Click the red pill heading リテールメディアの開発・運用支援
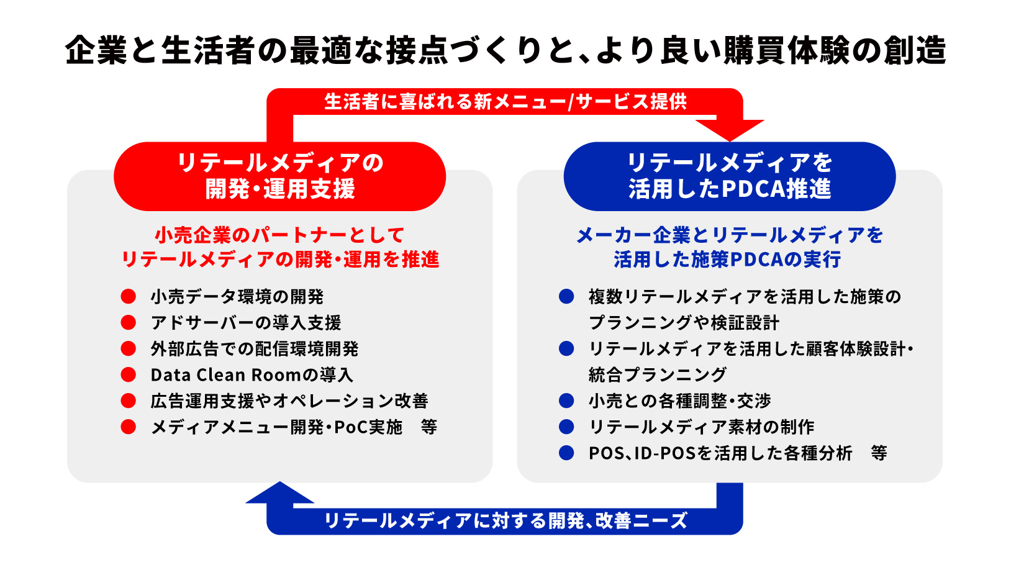coord(279,176)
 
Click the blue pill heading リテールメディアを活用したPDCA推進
coord(729,176)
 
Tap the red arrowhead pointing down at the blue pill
coord(730,129)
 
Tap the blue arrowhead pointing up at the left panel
coord(280,493)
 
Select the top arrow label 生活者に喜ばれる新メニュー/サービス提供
coord(505,102)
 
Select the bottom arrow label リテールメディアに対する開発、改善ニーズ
coord(505,520)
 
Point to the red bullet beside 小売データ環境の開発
coord(129,297)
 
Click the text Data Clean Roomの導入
coord(252,375)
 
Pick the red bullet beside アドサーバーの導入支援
coord(129,323)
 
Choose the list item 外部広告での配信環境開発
coord(254,349)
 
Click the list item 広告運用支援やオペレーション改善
coord(289,401)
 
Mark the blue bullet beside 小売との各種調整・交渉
coord(566,401)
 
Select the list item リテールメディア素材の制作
coord(701,427)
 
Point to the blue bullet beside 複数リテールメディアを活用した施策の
coord(566,297)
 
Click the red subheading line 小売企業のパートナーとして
coord(279,235)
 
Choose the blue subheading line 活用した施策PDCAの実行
coord(727,260)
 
